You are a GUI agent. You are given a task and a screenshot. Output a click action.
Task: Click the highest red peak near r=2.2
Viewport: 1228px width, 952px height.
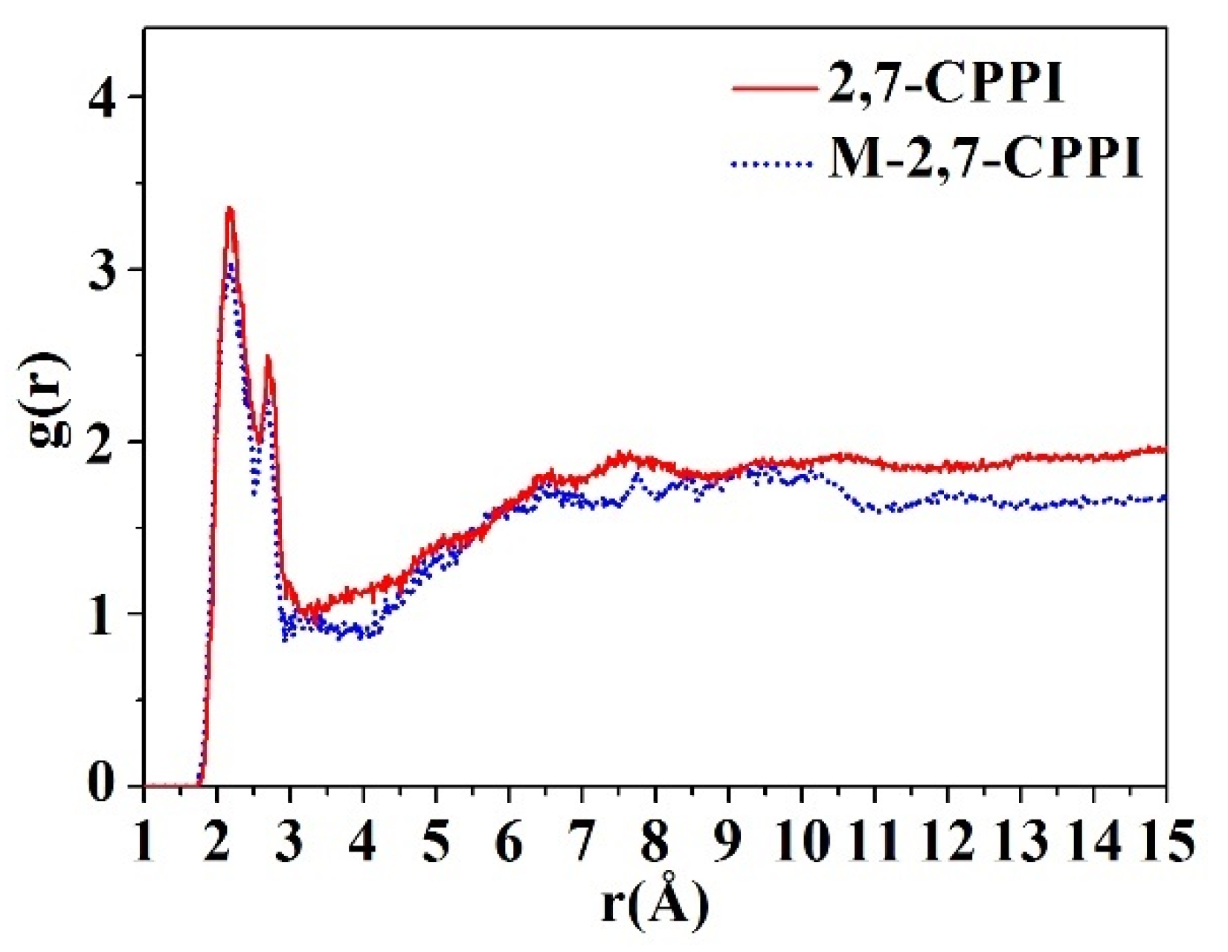click(230, 210)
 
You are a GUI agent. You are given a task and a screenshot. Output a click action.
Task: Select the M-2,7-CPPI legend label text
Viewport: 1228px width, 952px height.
click(983, 159)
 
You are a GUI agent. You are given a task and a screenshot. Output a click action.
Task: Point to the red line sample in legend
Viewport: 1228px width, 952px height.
click(774, 89)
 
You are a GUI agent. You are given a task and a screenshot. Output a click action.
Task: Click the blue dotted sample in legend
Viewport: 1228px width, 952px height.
click(770, 163)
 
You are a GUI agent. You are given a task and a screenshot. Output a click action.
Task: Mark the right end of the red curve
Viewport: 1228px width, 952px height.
click(1164, 449)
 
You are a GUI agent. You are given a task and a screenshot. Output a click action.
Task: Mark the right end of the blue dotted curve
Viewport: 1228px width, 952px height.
click(1164, 498)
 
